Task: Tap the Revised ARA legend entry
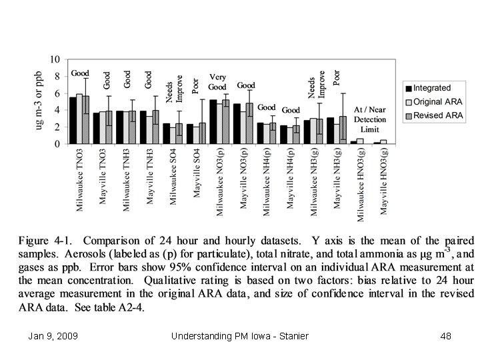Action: [436, 115]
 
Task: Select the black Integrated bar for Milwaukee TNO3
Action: [73, 121]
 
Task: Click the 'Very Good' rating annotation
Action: [218, 82]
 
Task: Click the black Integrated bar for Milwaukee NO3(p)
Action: [213, 122]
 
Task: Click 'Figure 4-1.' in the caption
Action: [46, 240]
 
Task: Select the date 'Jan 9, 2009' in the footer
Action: [53, 336]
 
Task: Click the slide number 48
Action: [446, 336]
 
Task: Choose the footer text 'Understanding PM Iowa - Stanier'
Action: [239, 336]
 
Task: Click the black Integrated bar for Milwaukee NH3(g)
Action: [307, 132]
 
